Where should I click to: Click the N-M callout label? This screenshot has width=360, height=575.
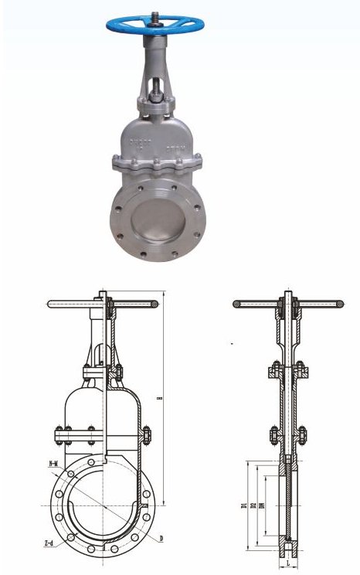[54, 464]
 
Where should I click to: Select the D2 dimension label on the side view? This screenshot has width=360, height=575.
[254, 506]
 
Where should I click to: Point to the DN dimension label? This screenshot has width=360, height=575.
[263, 506]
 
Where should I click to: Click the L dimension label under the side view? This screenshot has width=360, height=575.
[288, 565]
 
